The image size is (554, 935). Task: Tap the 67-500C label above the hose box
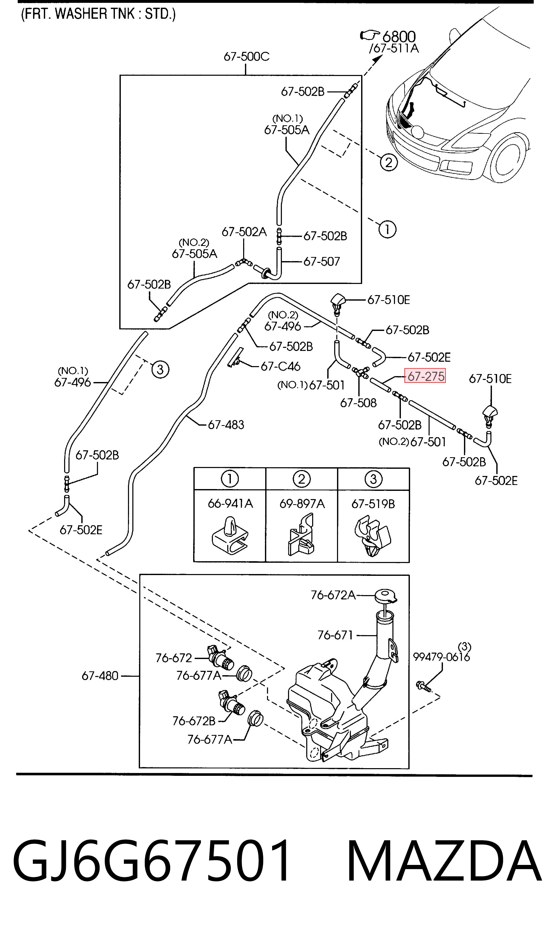246,56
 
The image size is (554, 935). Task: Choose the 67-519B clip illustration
372,536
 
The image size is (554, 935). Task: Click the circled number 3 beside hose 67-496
160,369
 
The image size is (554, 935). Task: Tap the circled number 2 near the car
389,163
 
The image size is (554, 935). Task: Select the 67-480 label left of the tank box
100,676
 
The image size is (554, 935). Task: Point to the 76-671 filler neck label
335,635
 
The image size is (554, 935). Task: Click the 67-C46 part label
280,366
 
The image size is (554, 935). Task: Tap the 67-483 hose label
226,424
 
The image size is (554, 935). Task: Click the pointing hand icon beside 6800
370,35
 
